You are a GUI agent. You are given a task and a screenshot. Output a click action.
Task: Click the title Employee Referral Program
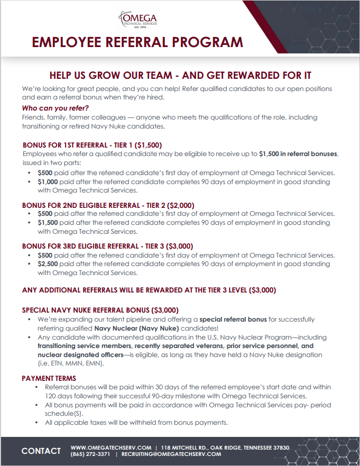pos(137,42)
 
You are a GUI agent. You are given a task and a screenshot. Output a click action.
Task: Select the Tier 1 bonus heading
pos(92,145)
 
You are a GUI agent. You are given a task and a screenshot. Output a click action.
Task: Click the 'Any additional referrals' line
pos(149,290)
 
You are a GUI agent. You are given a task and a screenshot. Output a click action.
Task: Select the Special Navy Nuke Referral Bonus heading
pos(100,310)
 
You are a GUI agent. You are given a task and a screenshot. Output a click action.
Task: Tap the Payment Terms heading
pos(49,378)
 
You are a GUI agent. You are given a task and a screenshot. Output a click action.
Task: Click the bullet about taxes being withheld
pos(133,422)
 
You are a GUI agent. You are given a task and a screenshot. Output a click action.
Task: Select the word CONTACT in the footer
pos(41,451)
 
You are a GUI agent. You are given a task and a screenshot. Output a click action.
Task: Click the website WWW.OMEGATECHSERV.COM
pos(111,447)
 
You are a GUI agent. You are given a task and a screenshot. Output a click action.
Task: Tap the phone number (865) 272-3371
pos(90,454)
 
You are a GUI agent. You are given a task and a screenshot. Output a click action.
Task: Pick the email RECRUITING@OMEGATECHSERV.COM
pos(171,454)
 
